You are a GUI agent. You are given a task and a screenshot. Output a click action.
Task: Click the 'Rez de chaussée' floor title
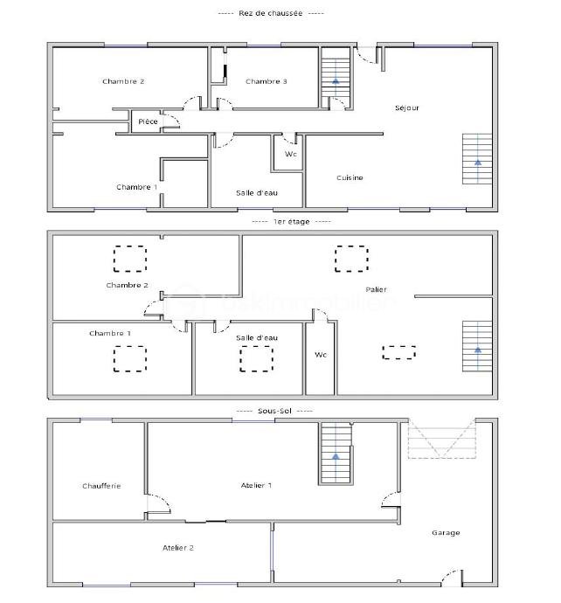coord(270,13)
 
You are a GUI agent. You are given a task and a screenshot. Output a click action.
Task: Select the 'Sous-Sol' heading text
coord(274,410)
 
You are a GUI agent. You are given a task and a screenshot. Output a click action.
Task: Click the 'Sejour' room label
coord(407,107)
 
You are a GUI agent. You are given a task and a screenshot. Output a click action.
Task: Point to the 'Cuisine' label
coord(350,177)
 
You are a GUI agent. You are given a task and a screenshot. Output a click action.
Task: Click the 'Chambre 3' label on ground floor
coord(267,81)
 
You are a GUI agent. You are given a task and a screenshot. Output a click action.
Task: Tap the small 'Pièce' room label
coord(149,121)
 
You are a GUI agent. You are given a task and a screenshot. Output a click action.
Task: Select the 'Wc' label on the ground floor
coord(290,154)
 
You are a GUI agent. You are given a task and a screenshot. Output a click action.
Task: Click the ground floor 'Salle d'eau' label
coord(257,192)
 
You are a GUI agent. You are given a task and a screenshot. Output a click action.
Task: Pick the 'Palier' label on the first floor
coord(377,289)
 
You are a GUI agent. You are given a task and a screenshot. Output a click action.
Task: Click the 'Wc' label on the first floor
coord(321,355)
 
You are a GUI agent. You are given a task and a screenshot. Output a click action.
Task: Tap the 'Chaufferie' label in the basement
coord(101,486)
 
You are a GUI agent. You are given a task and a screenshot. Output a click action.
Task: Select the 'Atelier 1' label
coord(257,485)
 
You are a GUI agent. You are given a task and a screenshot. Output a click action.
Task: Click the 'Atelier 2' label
coord(178,548)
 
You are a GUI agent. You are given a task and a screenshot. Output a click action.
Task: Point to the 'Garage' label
coord(446,532)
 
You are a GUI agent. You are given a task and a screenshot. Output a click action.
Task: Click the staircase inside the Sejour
coord(478,158)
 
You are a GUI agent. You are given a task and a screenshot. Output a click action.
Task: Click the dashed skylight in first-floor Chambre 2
coord(130,259)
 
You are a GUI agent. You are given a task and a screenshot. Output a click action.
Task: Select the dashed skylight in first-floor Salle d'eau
coord(256,358)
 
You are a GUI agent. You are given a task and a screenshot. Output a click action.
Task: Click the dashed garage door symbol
coord(443,440)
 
